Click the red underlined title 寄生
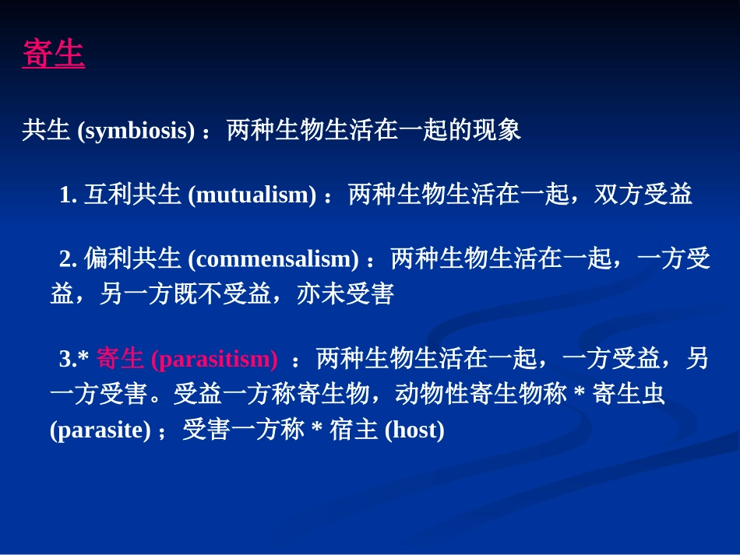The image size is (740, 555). tap(53, 55)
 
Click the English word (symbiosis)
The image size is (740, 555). tap(136, 131)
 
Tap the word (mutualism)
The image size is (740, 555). tap(252, 195)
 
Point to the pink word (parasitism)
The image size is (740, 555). tap(214, 360)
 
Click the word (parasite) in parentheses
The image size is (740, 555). tap(100, 430)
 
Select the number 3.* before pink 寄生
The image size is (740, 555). tap(75, 360)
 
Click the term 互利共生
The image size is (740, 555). tap(132, 195)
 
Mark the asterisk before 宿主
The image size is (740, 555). tap(316, 430)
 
